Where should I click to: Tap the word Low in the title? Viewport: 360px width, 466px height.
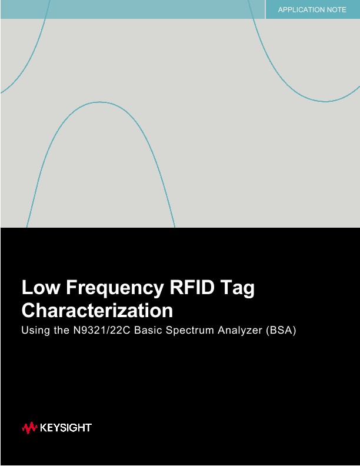pyautogui.click(x=41, y=288)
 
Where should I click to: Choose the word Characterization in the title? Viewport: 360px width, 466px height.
pyautogui.click(x=97, y=310)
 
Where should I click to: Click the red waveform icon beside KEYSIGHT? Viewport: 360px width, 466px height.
pyautogui.click(x=29, y=428)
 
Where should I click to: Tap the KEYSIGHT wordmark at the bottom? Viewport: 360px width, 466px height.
pyautogui.click(x=65, y=428)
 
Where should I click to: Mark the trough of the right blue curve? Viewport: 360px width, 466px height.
pyautogui.click(x=325, y=101)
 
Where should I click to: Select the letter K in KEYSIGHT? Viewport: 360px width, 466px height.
pyautogui.click(x=44, y=428)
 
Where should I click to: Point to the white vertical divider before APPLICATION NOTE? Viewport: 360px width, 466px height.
pyautogui.click(x=265, y=9)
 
